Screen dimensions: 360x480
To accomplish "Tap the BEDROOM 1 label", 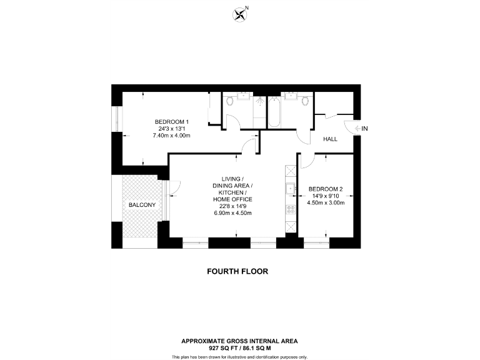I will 172,121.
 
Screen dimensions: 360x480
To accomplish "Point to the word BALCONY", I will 142,204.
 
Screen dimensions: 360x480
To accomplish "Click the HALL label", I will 331,139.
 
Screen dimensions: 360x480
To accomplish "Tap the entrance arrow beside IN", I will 356,129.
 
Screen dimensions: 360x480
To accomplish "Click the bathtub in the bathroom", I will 274,113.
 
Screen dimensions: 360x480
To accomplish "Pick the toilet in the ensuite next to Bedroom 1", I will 230,101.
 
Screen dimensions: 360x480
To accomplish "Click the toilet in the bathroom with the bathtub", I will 305,101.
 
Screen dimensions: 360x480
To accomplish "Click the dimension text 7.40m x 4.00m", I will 172,136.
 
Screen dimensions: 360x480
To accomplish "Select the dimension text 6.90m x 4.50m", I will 232,213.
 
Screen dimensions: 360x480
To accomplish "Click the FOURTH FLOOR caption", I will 239,271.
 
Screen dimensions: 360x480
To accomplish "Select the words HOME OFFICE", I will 232,199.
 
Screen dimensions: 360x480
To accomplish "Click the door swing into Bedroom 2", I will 309,161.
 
